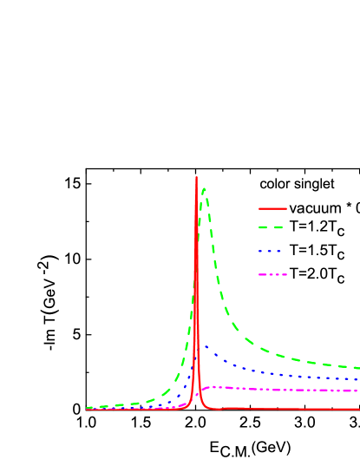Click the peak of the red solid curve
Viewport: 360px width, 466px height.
coord(196,178)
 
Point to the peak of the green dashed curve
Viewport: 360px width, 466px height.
coord(204,188)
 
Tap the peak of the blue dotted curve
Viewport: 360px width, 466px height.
coord(206,346)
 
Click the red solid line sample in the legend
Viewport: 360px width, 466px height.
coord(272,208)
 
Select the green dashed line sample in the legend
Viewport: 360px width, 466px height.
coord(272,227)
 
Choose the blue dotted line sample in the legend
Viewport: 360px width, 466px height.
coord(272,251)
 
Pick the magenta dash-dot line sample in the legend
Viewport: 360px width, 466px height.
coord(272,274)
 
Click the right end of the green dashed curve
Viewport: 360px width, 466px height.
coord(358,368)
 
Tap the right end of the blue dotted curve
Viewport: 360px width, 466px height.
coord(358,379)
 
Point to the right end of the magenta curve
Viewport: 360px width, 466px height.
coord(358,391)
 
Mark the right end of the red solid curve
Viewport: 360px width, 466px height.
coord(358,409)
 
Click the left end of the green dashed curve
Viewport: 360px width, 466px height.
coord(88,407)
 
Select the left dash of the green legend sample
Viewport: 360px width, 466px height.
coord(263,227)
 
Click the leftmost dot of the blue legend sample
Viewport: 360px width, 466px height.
coord(260,251)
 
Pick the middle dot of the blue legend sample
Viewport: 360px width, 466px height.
coord(271,251)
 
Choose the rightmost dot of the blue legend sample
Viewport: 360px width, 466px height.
coord(280,251)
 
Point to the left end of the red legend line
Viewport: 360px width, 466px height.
coord(259,208)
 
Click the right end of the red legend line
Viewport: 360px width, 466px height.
coord(286,208)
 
